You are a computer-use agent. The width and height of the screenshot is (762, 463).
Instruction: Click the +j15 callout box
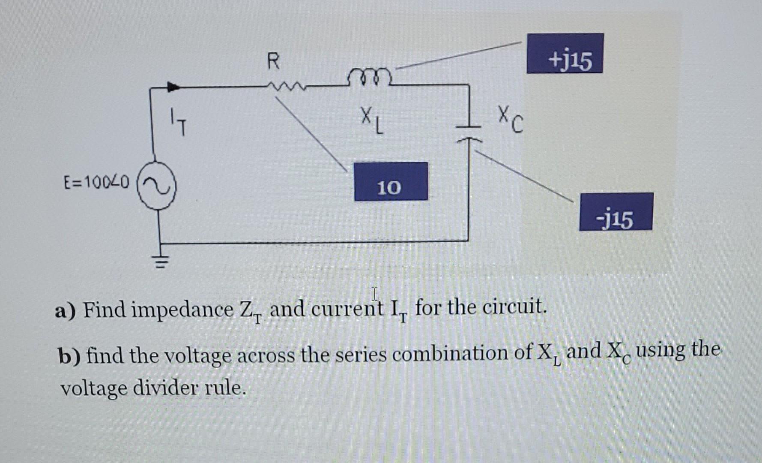pos(565,54)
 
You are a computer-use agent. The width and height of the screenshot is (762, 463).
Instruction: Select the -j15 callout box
pos(616,212)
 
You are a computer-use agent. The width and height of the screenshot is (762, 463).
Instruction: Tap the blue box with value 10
pos(391,181)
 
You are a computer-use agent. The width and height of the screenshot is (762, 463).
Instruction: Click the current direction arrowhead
pos(173,87)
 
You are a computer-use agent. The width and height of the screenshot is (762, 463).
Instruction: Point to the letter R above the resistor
pos(273,61)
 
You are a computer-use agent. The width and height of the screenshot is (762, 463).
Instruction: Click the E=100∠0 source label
pos(96,183)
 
